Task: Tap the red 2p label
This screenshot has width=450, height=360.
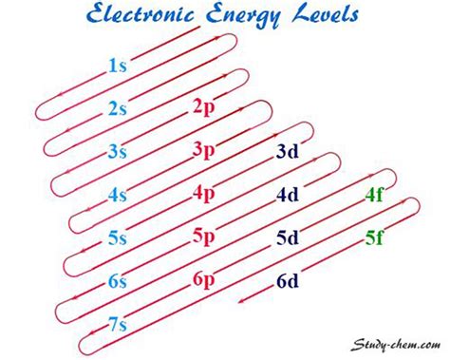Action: [x=203, y=106]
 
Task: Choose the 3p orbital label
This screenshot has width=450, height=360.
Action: [x=203, y=150]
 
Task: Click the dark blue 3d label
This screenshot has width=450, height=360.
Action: [x=288, y=151]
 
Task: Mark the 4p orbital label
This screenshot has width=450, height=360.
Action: [x=203, y=194]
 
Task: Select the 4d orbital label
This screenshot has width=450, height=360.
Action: [x=288, y=195]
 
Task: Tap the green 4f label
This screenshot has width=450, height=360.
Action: [x=375, y=195]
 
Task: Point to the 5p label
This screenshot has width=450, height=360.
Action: [x=203, y=237]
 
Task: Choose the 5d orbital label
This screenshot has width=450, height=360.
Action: [x=288, y=237]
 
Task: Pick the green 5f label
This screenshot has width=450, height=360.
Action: [x=375, y=237]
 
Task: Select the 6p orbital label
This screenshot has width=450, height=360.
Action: [x=203, y=280]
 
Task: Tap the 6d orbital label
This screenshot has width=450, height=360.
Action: [x=288, y=281]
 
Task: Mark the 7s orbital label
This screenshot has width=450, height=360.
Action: [x=118, y=325]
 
